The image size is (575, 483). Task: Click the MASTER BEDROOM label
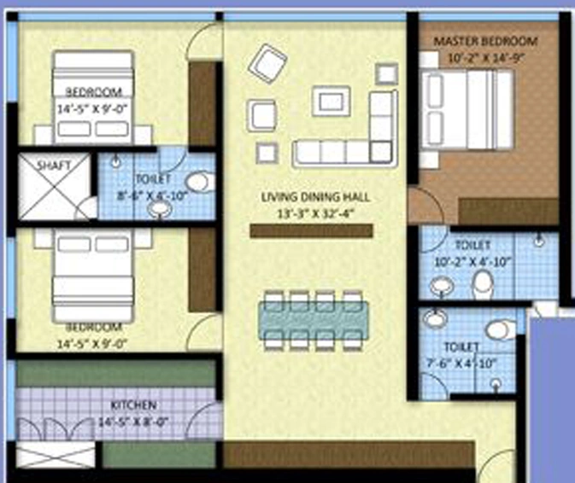pos(485,41)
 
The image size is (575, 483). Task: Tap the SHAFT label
pos(54,166)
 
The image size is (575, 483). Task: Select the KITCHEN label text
pos(134,405)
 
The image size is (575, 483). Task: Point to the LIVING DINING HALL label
pos(315,197)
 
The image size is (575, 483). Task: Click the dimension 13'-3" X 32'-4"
pos(315,213)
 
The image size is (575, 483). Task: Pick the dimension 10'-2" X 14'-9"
pos(485,58)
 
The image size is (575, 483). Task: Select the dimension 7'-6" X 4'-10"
pos(461,364)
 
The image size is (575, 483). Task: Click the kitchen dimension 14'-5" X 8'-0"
pos(133,422)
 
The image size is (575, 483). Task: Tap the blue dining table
pos(314,321)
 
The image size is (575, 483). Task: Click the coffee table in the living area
pos(332,101)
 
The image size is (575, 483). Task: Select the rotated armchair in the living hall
pos(267,64)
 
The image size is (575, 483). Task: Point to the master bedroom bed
pos(466,110)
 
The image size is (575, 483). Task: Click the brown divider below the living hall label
pos(312,231)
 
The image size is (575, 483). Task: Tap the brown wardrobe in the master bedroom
pos(508,212)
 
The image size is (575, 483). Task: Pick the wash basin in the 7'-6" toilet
pos(435,317)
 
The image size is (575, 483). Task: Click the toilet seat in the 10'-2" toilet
pos(482,284)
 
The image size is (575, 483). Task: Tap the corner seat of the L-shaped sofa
pos(381,152)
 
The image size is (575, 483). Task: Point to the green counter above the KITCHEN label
pos(116,373)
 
